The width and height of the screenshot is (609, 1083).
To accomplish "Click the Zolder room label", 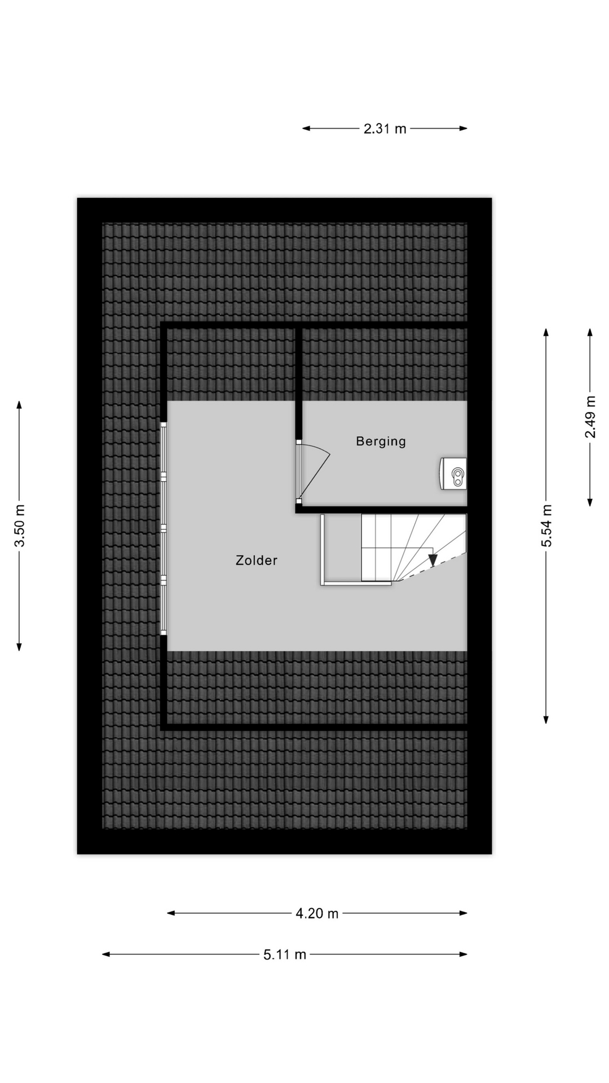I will (257, 560).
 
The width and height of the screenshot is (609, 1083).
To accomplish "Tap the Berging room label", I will (381, 441).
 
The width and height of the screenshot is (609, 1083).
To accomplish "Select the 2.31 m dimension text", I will (385, 129).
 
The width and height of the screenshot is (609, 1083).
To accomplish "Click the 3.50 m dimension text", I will (20, 525).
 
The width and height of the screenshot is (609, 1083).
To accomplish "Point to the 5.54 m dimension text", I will (546, 525).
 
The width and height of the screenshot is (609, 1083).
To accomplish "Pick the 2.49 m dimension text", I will (590, 417).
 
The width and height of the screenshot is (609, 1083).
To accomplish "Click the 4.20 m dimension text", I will (317, 913).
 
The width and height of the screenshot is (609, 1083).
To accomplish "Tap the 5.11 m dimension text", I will (285, 954).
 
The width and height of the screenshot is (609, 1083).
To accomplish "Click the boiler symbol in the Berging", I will (454, 473).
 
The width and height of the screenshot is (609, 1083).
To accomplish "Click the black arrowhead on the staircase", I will (433, 561).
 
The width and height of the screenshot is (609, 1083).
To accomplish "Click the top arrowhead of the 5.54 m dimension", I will (546, 332).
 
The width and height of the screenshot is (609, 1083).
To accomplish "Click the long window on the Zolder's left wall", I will (164, 529).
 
